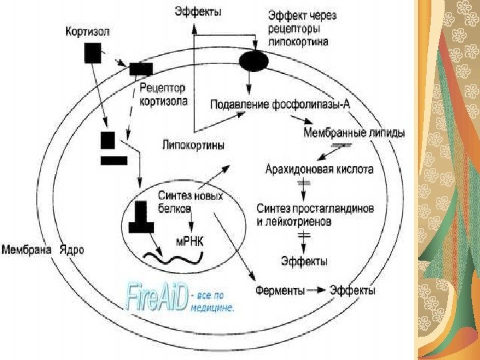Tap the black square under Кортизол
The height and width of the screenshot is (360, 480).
click(93, 53)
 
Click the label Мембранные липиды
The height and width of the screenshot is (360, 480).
click(353, 133)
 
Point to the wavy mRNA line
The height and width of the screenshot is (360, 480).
click(174, 255)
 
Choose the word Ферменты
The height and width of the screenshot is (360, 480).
click(280, 291)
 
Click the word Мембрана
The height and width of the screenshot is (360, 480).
click(27, 251)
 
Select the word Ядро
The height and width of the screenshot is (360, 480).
click(71, 251)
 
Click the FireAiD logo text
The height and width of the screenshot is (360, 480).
click(157, 297)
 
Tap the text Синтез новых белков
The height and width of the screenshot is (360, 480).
click(190, 202)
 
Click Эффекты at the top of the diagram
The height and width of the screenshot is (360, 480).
click(198, 11)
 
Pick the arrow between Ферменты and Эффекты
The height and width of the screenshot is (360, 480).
click(318, 291)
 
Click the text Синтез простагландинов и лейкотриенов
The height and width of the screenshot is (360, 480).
click(315, 215)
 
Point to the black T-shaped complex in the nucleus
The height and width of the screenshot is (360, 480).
click(141, 217)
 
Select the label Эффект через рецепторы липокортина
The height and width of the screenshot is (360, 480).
click(297, 30)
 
